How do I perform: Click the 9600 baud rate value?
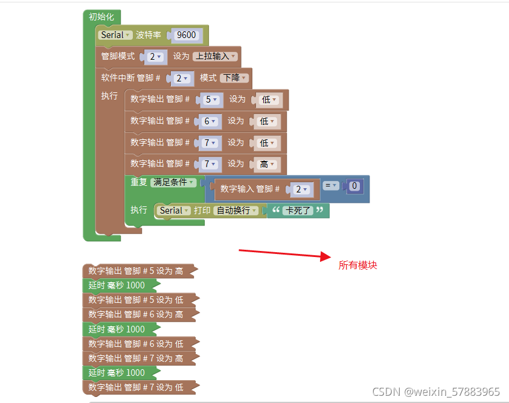tap(186, 35)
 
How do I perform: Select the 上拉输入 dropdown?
tap(215, 56)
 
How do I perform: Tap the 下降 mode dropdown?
tap(234, 78)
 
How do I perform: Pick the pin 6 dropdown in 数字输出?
tap(210, 121)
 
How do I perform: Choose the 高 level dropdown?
tap(267, 164)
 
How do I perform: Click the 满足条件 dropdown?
tap(173, 182)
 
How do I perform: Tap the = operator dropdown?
tap(330, 186)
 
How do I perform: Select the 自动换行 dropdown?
tap(237, 211)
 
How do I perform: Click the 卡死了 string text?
tap(298, 211)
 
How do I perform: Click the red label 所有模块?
tap(357, 265)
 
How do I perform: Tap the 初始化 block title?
tap(101, 17)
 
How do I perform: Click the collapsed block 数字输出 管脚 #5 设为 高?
tap(136, 271)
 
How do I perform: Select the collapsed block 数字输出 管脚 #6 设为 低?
tap(136, 344)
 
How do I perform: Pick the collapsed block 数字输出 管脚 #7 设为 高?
tap(136, 358)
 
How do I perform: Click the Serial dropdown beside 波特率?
tap(115, 35)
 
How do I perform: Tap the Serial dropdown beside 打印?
tap(174, 211)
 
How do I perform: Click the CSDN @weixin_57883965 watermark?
tap(436, 392)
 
